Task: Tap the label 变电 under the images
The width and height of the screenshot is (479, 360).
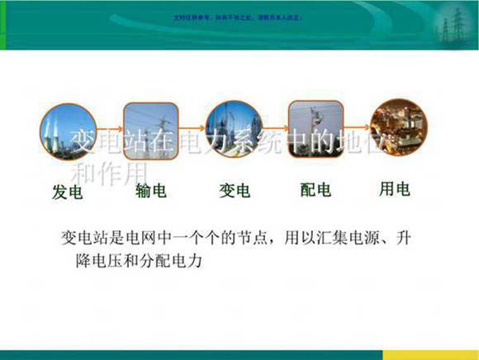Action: (x=235, y=192)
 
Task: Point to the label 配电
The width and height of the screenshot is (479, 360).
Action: (x=315, y=191)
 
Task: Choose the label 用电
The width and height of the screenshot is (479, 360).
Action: (x=394, y=190)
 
